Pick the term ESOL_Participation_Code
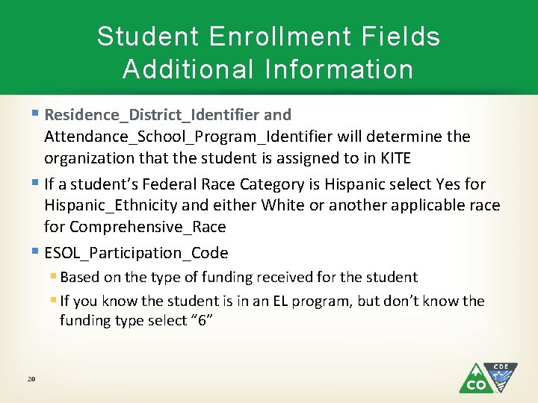coord(136,252)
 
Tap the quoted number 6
coord(201,320)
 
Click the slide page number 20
coord(31,379)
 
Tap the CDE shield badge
coord(501,375)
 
